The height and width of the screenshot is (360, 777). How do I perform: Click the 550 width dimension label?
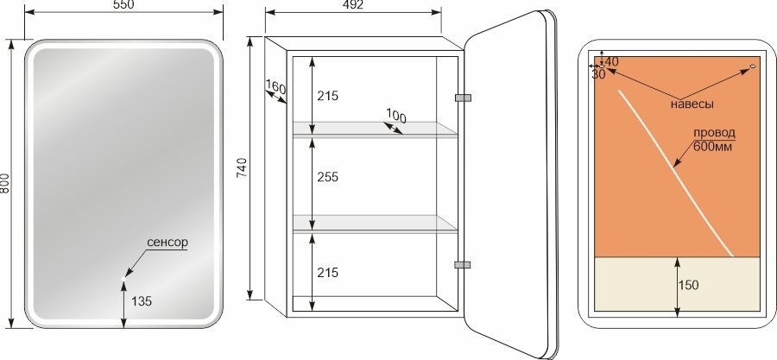[x=123, y=4]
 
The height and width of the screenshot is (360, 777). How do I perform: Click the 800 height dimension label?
[x=4, y=183]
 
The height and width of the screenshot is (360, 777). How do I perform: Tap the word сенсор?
[x=167, y=242]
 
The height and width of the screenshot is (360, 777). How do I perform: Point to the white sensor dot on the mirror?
[x=123, y=279]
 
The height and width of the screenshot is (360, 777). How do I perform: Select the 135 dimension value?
[x=142, y=300]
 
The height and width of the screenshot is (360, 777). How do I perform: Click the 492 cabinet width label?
[x=353, y=5]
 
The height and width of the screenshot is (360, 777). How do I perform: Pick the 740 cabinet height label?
[x=243, y=167]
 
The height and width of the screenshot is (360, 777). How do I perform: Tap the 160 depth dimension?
[x=275, y=88]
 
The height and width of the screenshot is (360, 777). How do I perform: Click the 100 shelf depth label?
[x=396, y=116]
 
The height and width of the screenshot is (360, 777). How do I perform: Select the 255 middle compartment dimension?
[x=327, y=177]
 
